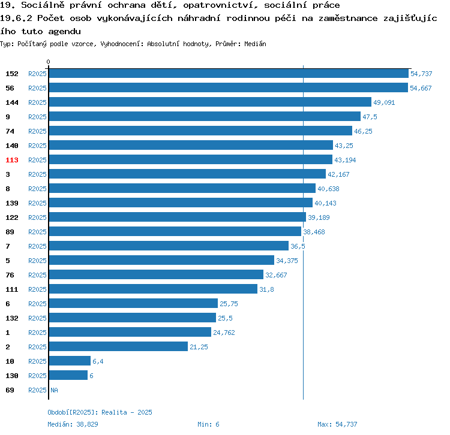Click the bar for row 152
228,74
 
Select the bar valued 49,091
210,102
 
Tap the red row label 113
12,160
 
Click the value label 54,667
421,88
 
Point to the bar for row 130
68,376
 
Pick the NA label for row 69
54,390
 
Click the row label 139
12,203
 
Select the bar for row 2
118,347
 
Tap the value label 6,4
98,361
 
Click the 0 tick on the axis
49,62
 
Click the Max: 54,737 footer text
337,424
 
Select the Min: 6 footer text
208,424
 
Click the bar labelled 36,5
169,246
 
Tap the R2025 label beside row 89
37,232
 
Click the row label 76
10,275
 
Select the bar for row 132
132,318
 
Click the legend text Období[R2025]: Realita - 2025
100,412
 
